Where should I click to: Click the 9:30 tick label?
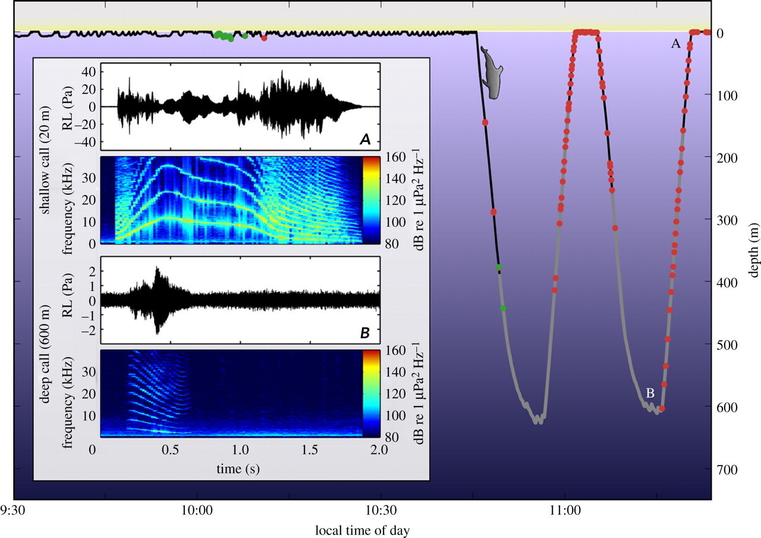point(14,511)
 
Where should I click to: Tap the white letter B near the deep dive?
point(650,393)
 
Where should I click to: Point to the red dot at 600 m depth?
point(662,408)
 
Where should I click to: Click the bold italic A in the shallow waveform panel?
point(366,139)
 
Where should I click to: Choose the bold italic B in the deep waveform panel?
point(366,334)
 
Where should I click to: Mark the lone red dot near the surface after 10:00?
point(264,39)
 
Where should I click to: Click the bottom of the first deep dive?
point(538,420)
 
